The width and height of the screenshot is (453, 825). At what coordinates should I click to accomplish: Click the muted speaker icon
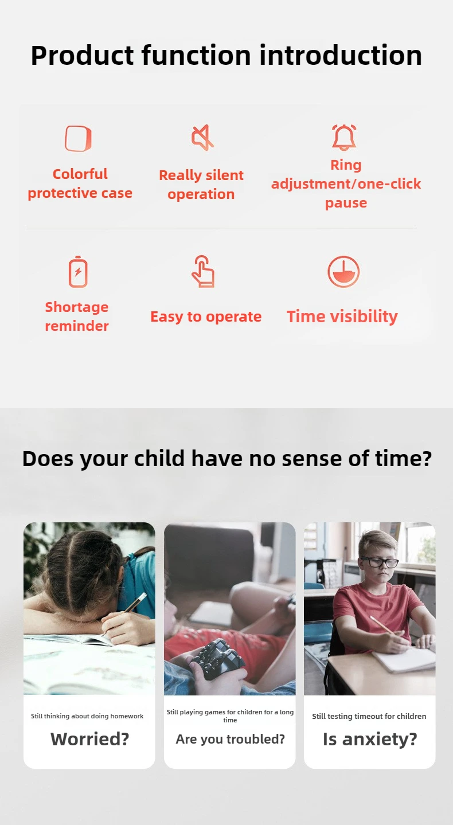tap(202, 138)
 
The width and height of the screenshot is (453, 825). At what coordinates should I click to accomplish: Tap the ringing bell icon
tap(344, 138)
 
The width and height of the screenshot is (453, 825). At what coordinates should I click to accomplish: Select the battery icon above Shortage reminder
tap(78, 271)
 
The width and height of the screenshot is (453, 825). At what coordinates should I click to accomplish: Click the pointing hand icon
tap(203, 271)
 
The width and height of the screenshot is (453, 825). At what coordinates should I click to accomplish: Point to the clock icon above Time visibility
tap(343, 272)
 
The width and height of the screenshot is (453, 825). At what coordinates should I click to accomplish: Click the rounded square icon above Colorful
tap(78, 139)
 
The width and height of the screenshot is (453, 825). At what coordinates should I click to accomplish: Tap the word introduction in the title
tap(341, 55)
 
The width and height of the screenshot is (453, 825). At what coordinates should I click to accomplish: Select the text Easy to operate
tap(206, 316)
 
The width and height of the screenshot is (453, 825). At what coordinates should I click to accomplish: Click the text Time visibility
tap(342, 316)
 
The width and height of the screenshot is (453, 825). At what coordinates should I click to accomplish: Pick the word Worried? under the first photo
tap(90, 739)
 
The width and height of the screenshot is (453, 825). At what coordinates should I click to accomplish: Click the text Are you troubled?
tap(230, 739)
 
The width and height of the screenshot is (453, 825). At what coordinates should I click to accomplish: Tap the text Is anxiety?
tap(370, 739)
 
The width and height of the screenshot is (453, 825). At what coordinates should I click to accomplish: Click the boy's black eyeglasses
tap(381, 562)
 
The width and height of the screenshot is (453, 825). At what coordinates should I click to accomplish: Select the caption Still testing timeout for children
tap(369, 716)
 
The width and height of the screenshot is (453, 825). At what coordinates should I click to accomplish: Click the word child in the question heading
tap(159, 459)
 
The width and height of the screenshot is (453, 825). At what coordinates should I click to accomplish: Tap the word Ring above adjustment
tap(346, 165)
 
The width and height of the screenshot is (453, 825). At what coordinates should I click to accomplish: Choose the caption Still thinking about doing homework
tap(87, 716)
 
